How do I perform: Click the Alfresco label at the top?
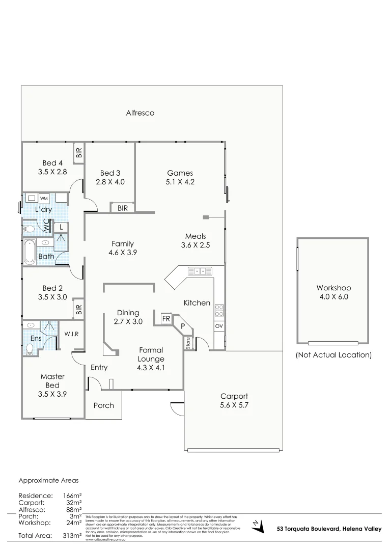pos(140,113)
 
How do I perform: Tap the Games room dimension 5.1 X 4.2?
pos(180,182)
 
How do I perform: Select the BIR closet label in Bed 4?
pos(78,153)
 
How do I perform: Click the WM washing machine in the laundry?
pos(44,198)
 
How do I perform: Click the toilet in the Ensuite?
pos(29,349)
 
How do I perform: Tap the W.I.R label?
pos(71,334)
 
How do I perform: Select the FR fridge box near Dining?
pos(165,319)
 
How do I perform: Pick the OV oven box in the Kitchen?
pos(219,325)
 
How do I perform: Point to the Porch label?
pos(103,405)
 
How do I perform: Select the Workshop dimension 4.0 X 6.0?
pos(334,296)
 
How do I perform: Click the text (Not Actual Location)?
pos(334,354)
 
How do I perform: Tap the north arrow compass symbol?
pos(258,526)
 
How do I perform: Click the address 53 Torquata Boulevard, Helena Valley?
pos(329,529)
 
